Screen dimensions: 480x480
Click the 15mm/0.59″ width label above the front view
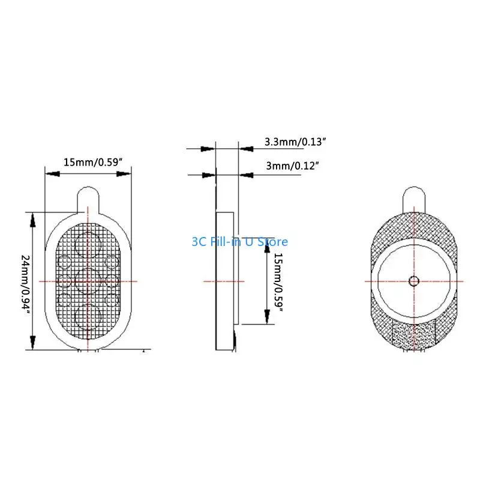click(93, 162)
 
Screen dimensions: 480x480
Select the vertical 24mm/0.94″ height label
click(25, 281)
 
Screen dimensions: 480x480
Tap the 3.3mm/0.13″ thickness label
click(294, 142)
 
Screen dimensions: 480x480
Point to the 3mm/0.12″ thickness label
click(292, 165)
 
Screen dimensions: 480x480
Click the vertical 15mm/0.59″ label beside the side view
click(278, 280)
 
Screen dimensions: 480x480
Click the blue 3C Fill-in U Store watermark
click(239, 242)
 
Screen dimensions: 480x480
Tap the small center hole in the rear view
click(413, 281)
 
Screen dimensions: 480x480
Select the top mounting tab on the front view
click(88, 197)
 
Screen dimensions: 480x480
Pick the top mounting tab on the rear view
click(413, 197)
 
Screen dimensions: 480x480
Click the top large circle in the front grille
click(88, 245)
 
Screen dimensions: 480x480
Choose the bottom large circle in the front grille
click(88, 316)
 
